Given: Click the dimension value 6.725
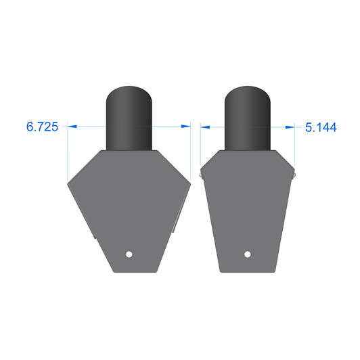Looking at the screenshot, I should click(42, 127).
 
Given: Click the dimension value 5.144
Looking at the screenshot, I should click(321, 127).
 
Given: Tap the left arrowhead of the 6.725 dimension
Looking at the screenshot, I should click(72, 126).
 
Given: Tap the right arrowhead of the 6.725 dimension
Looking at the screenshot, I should click(186, 126).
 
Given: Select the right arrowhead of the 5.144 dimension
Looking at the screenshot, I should click(292, 126).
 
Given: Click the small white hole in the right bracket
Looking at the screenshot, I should click(248, 254).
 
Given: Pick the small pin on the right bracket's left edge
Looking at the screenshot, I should click(202, 175).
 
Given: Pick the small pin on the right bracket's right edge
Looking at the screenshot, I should click(294, 175).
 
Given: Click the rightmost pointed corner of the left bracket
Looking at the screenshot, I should click(189, 181).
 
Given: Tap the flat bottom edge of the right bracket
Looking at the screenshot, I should click(248, 272).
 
